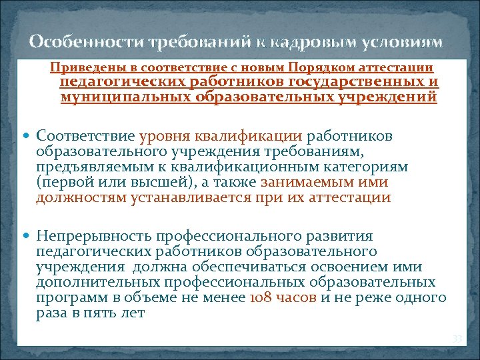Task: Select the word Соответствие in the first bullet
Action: pyautogui.click(x=86, y=136)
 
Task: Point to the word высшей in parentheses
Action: pyautogui.click(x=171, y=182)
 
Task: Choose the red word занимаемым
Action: pyautogui.click(x=305, y=182)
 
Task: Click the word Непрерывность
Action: pyautogui.click(x=93, y=236)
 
